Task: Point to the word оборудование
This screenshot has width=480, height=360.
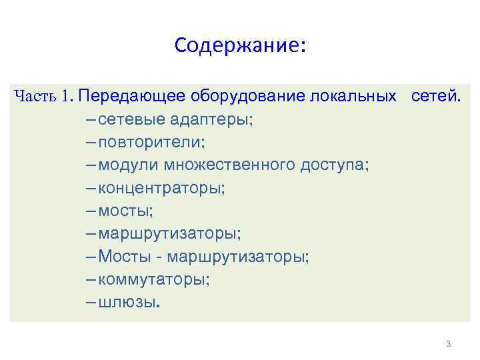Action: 248,96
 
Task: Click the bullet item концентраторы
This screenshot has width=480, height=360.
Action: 161,187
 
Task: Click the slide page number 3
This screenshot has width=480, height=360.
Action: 448,344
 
